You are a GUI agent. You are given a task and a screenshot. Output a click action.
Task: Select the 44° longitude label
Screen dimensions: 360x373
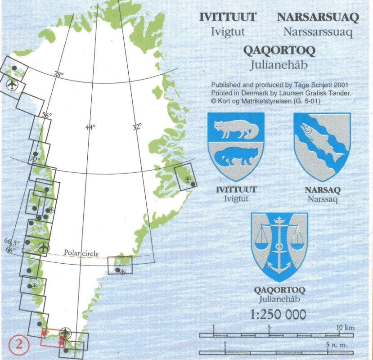coord(90,127)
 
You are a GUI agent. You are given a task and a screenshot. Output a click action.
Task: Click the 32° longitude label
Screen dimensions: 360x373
coord(137,127)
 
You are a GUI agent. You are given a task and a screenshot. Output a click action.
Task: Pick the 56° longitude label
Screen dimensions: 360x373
coord(47,115)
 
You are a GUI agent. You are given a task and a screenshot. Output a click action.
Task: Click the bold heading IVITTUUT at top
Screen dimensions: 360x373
coord(228,18)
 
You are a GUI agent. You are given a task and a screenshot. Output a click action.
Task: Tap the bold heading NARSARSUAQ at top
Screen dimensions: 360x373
coord(318,18)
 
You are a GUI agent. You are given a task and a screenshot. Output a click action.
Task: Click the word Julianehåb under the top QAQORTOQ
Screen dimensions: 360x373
coord(279,65)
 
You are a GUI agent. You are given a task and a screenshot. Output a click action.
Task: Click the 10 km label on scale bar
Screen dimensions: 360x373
coord(346,327)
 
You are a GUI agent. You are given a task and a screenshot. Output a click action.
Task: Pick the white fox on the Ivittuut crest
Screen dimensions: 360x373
coord(235,130)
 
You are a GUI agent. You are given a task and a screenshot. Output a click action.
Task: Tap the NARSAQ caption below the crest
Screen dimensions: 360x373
coord(322,190)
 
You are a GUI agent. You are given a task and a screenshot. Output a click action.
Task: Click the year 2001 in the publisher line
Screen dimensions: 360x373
coord(341,85)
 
